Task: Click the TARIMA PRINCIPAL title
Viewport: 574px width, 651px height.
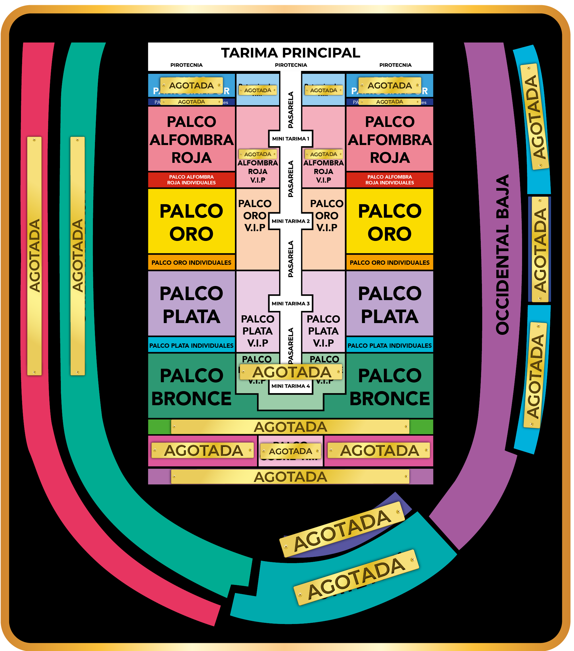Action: [291, 53]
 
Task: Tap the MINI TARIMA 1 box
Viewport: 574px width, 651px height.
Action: [291, 138]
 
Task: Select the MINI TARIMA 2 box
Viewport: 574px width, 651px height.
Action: [291, 221]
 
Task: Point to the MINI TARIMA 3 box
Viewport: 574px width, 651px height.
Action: [291, 304]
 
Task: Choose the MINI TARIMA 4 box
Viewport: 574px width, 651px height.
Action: [291, 386]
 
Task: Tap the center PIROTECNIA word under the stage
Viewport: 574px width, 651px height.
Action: [291, 65]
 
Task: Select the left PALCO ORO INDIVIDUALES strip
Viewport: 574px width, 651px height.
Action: [191, 262]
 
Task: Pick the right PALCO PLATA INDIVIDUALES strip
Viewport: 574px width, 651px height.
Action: [390, 345]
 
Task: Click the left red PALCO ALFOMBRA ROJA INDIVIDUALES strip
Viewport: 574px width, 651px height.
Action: [191, 180]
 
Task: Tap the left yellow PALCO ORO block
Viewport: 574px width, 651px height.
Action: [191, 222]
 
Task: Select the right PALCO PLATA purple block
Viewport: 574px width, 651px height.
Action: [390, 304]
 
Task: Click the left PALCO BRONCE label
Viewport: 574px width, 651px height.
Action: [191, 387]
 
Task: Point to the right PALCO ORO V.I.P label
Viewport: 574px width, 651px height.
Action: [326, 215]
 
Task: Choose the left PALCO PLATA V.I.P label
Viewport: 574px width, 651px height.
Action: [257, 331]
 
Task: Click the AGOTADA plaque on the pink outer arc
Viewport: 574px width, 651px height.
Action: [34, 256]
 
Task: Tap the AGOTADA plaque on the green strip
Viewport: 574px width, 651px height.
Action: [290, 427]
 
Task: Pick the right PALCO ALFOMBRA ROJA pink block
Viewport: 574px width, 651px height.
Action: [390, 139]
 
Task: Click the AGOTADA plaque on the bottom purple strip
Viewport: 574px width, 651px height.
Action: [290, 477]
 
